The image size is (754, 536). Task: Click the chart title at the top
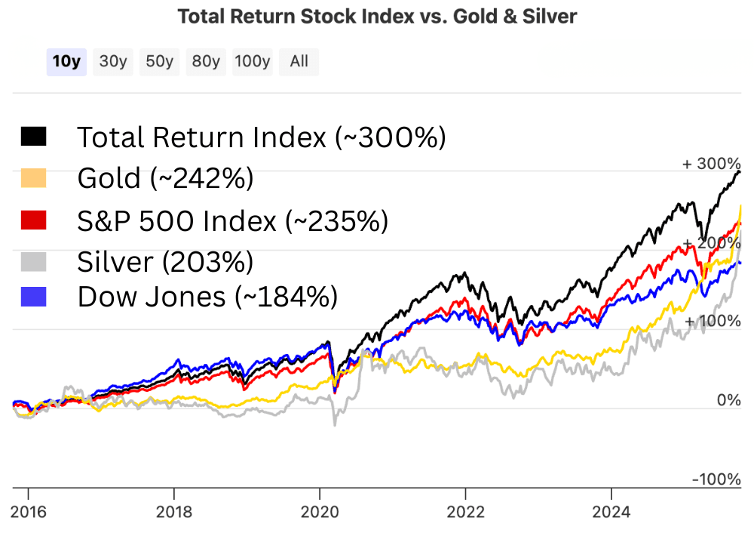(x=377, y=17)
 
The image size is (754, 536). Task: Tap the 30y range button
(x=113, y=62)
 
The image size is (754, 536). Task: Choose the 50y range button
(x=160, y=62)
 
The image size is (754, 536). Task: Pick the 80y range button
(x=206, y=62)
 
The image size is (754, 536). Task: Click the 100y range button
(x=252, y=62)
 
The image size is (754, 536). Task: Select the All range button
(x=299, y=62)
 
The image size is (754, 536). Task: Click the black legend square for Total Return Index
(x=34, y=137)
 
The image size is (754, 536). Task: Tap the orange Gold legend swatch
(x=34, y=178)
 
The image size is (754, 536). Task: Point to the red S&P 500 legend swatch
(x=34, y=220)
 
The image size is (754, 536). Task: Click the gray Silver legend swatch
(x=34, y=262)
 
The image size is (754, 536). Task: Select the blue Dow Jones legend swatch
(x=34, y=297)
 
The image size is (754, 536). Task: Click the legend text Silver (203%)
(x=165, y=262)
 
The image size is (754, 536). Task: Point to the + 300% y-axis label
(x=712, y=164)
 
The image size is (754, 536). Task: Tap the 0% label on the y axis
(x=728, y=400)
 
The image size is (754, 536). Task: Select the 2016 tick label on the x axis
(x=28, y=513)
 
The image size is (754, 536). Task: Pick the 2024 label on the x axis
(x=611, y=513)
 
